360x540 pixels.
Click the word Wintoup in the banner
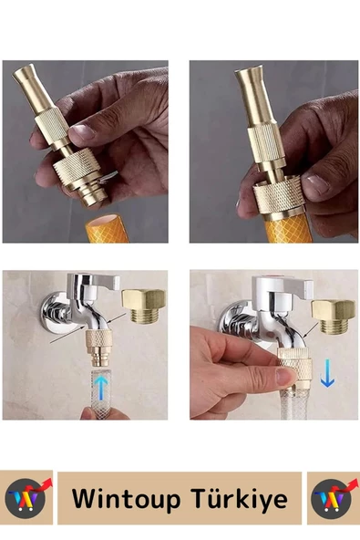(126, 498)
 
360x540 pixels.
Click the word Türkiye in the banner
(239, 498)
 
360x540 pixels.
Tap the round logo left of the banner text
(26, 498)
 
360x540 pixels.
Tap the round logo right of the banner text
(331, 498)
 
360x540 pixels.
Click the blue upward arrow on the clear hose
(100, 389)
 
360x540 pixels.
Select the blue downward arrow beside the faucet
(327, 373)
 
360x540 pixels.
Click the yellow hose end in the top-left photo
(107, 228)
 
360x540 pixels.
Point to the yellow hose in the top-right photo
(288, 228)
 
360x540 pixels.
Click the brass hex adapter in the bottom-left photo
(144, 306)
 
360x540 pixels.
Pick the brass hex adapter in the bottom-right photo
(334, 317)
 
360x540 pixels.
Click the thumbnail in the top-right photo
(318, 184)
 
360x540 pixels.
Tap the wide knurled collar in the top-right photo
(279, 197)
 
